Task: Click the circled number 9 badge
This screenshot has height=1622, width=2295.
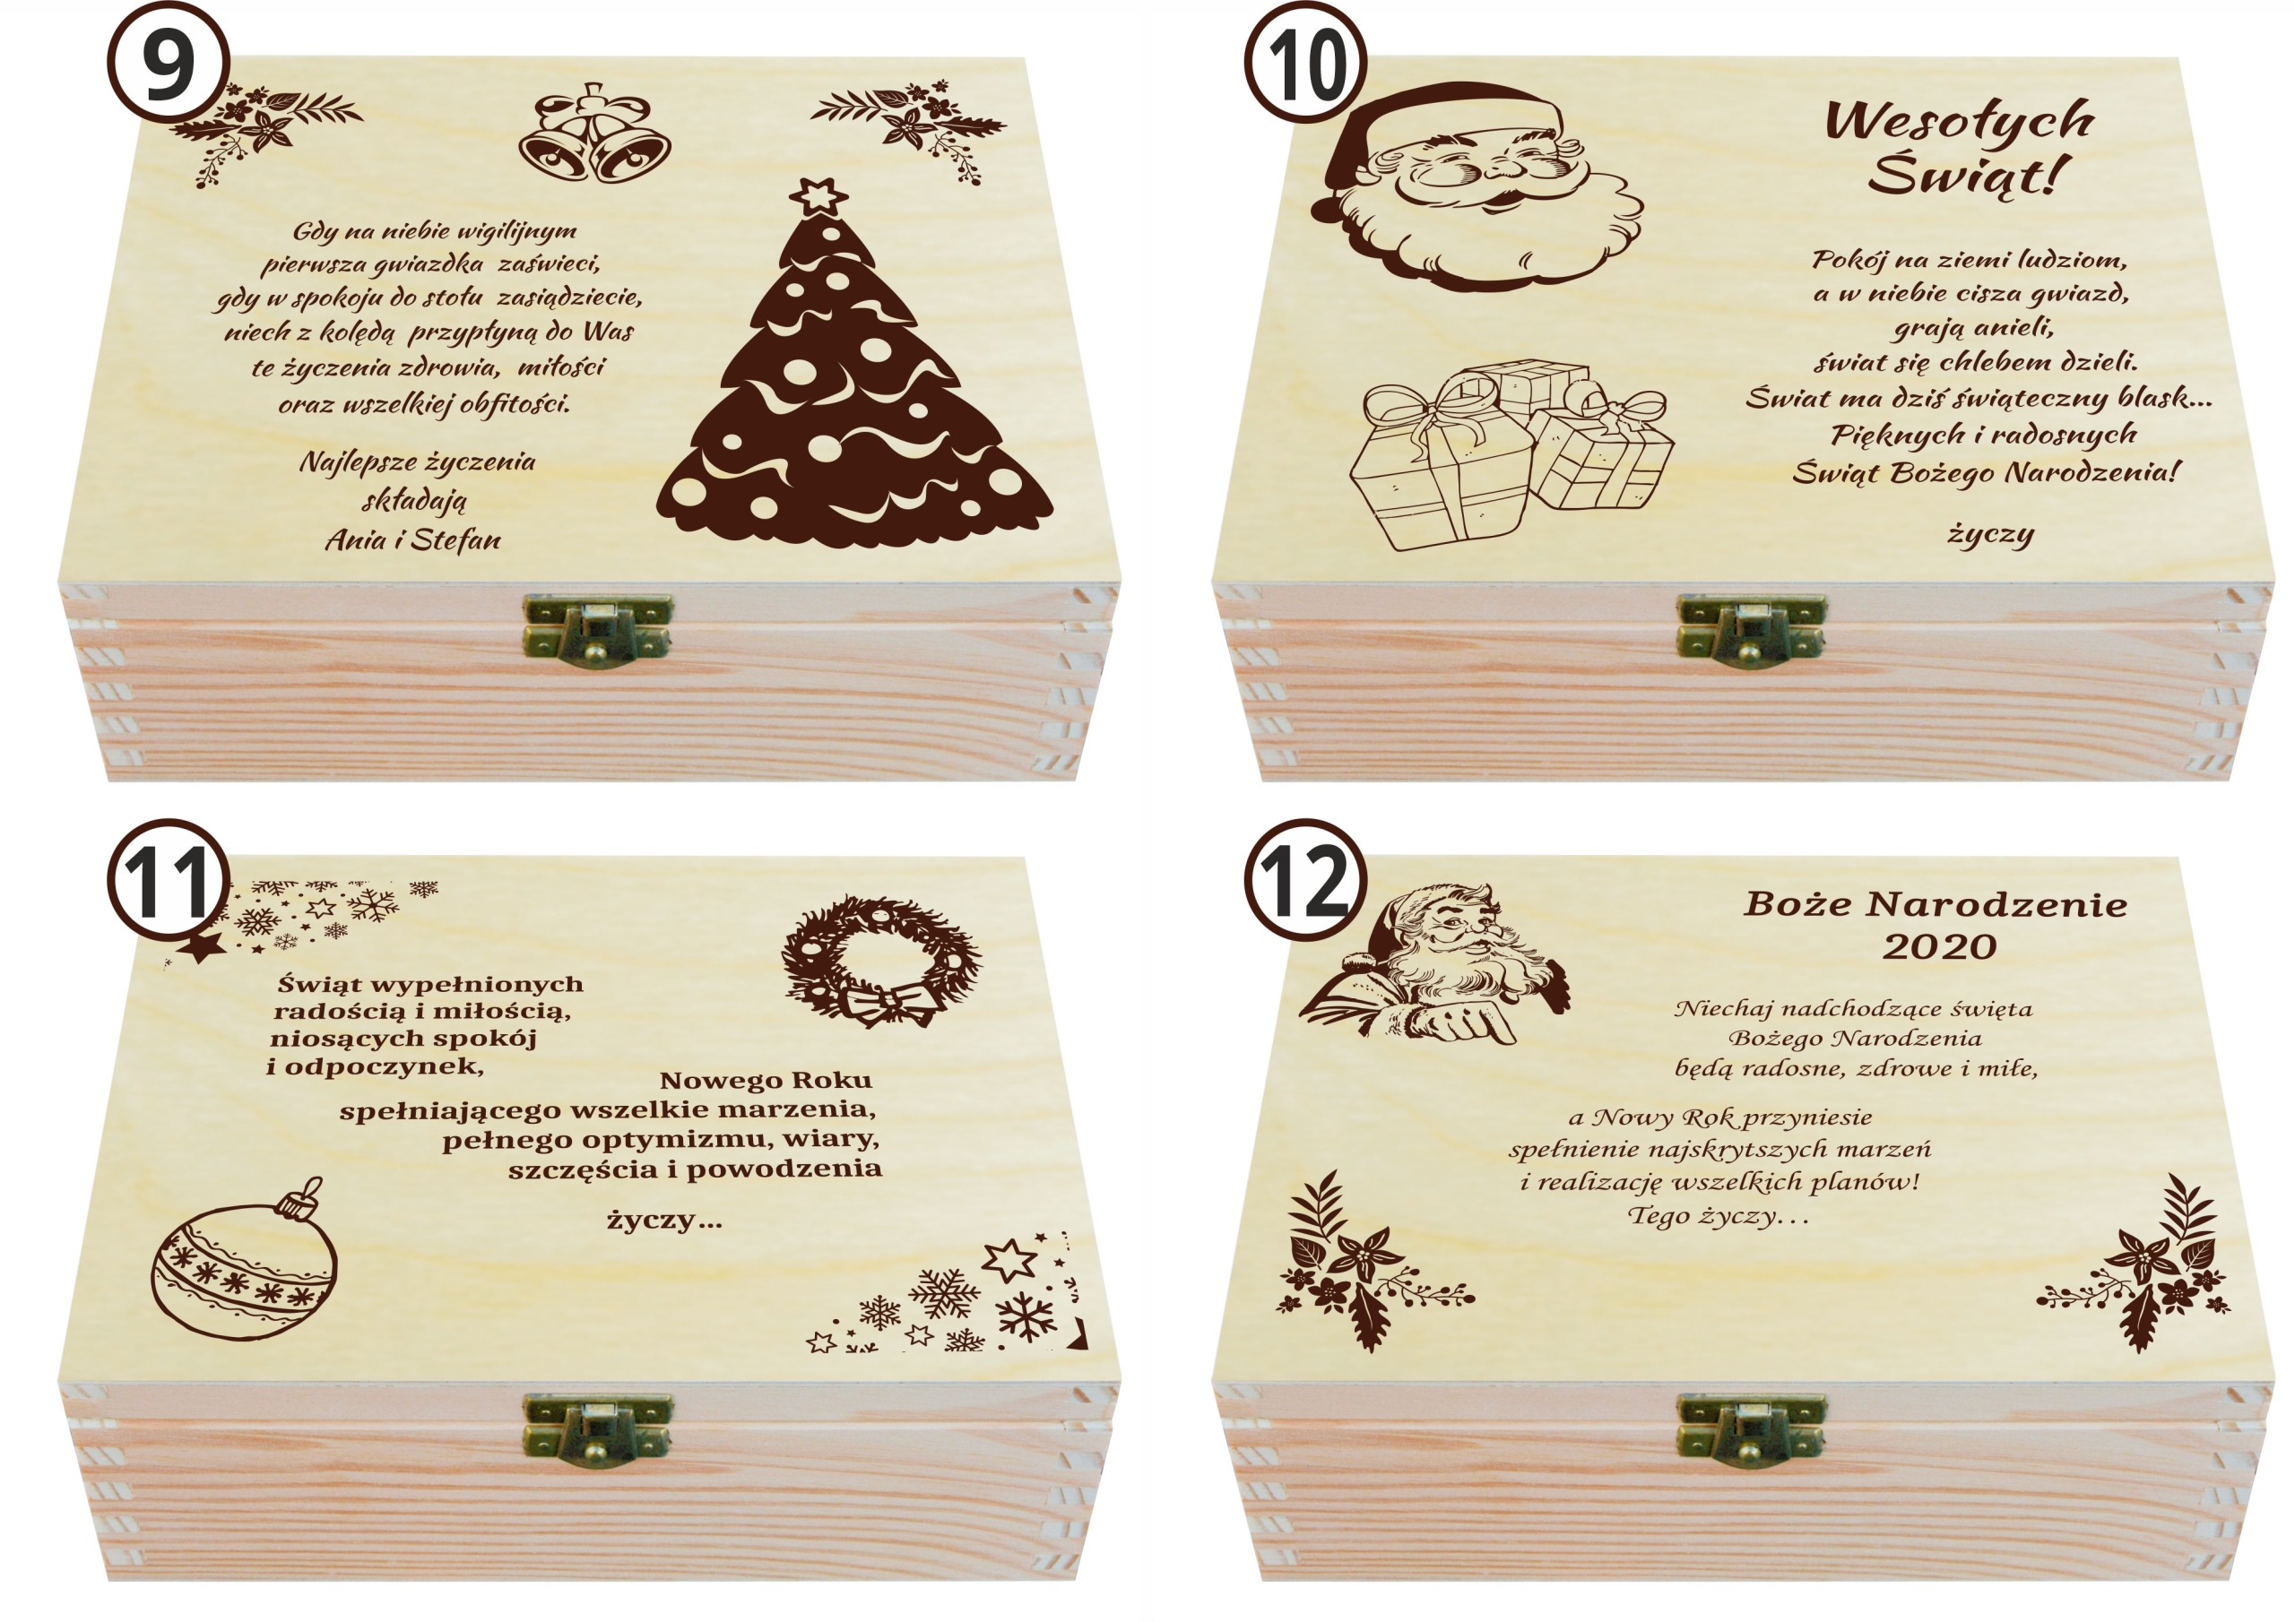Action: coord(168,62)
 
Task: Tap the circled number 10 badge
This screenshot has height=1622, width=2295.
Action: coord(1304,62)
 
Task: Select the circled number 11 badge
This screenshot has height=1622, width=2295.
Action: coord(168,879)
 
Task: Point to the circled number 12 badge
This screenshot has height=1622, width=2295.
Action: coord(1304,879)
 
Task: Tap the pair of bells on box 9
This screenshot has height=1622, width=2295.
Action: coord(593,134)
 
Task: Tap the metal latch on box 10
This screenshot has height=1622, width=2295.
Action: coord(1750,628)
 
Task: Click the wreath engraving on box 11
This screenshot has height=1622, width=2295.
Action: coord(880,961)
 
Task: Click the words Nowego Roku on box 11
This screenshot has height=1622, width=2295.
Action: coord(766,1081)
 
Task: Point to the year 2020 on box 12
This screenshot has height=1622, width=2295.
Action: coord(1939,946)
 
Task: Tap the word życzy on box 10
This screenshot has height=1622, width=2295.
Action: coord(1990,535)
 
